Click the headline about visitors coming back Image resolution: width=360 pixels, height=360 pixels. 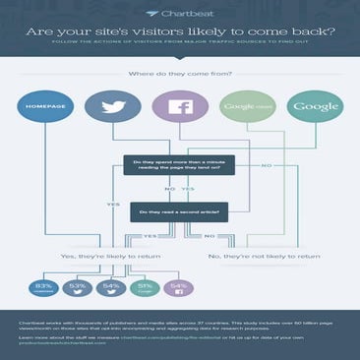tap(180, 29)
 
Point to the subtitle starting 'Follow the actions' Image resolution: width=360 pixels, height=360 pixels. tap(180, 41)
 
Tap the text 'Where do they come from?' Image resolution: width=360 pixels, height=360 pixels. tap(180, 72)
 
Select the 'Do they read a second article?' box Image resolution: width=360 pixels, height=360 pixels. tap(180, 210)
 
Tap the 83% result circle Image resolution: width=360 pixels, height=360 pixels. tap(42, 287)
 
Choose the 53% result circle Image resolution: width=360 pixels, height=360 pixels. tap(77, 287)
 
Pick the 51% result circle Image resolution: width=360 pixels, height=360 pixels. tap(145, 287)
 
